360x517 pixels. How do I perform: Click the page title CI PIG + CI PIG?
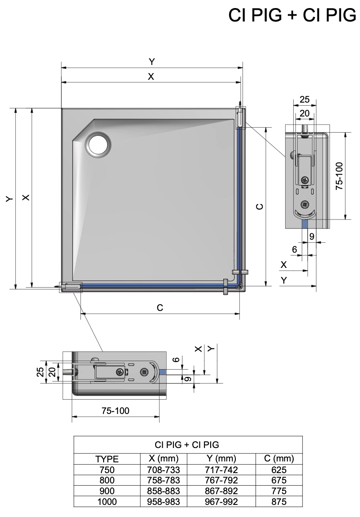click(292, 15)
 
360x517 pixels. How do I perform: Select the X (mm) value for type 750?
click(164, 470)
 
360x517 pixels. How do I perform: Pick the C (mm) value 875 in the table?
click(279, 501)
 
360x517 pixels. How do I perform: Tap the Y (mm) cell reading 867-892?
click(221, 491)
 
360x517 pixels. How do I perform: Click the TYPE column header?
click(107, 459)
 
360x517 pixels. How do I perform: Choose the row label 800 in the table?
click(107, 480)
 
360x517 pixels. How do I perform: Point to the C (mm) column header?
click(279, 458)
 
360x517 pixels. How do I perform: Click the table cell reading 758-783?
click(164, 480)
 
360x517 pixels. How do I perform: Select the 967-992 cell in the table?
click(221, 501)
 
